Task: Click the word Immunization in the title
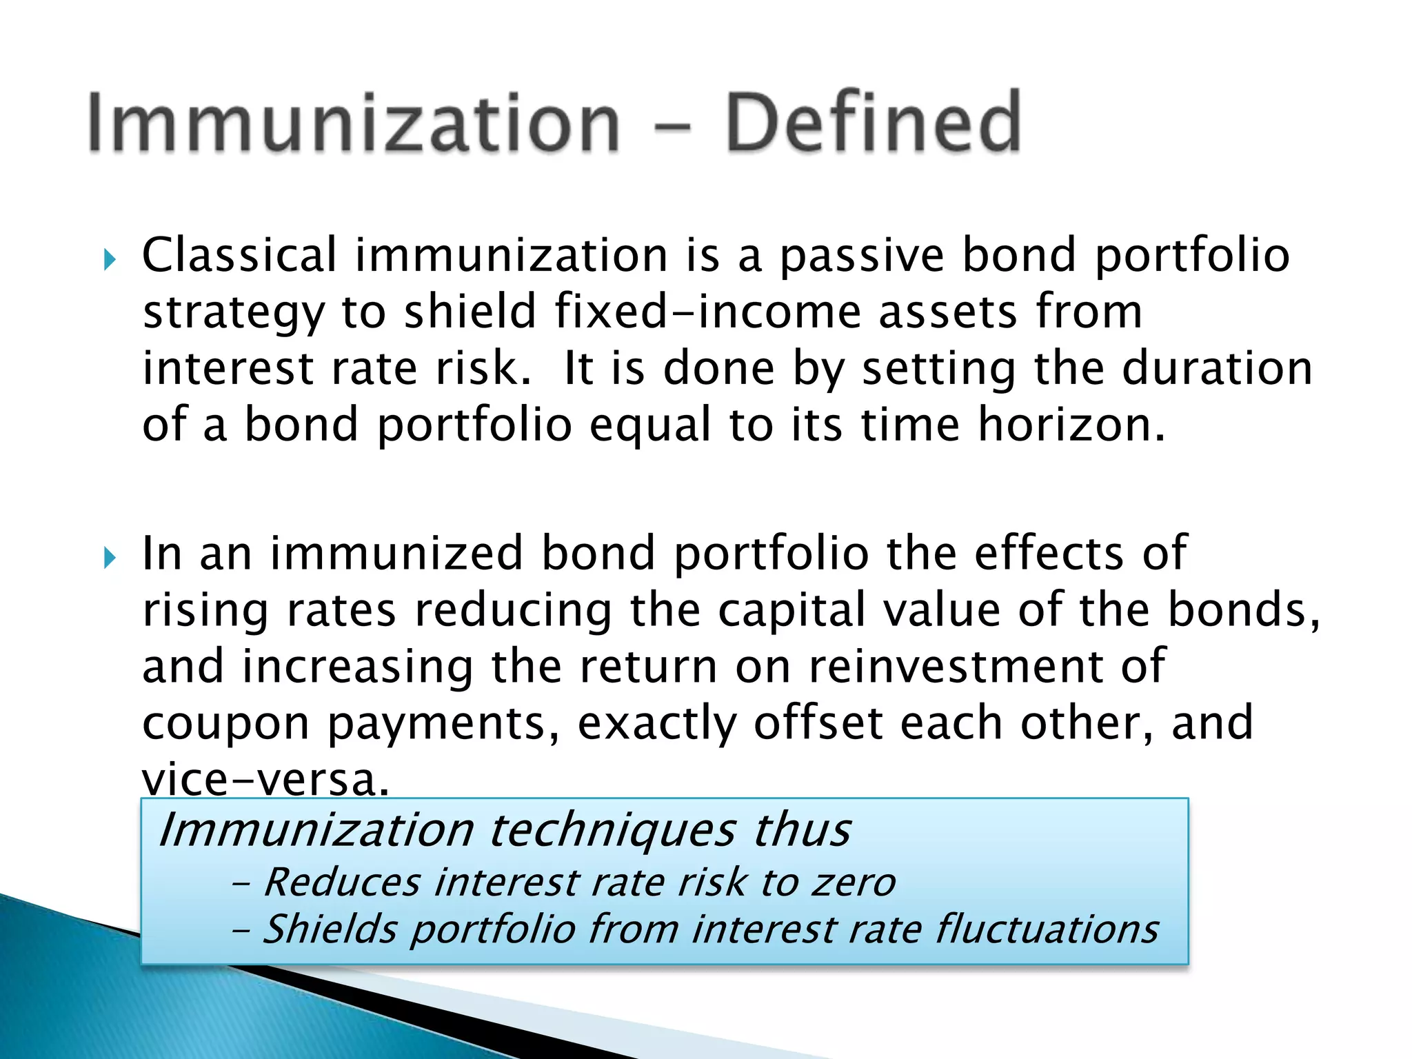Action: [x=354, y=124]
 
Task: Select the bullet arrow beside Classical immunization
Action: [x=109, y=260]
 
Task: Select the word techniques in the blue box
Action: [x=612, y=831]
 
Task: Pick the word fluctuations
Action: [x=1046, y=929]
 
